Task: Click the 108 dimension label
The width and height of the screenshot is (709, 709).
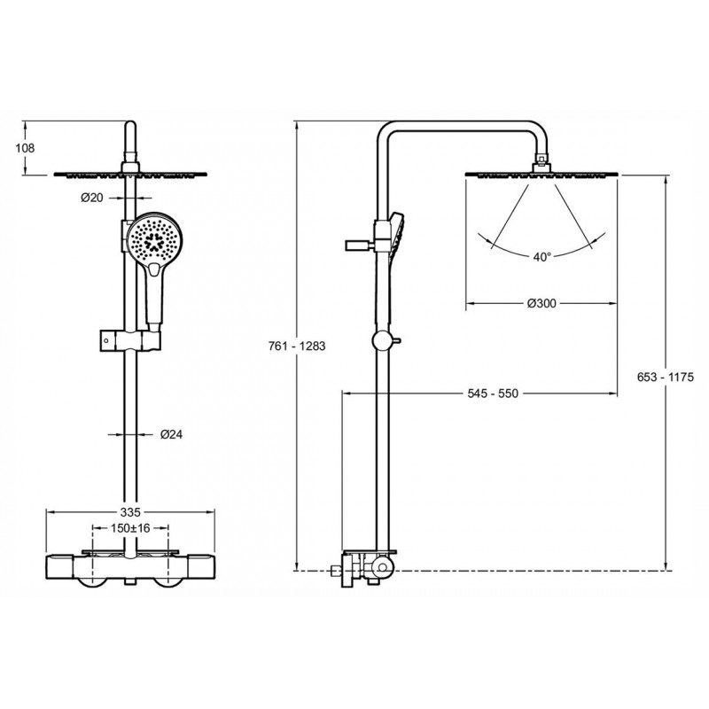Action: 25,148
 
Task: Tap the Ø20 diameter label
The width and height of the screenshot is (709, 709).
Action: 92,198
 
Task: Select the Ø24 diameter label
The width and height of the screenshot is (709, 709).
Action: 171,434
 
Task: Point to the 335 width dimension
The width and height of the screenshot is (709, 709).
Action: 130,512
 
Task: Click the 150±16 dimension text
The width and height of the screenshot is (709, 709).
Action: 130,527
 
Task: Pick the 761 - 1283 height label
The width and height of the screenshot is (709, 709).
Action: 297,346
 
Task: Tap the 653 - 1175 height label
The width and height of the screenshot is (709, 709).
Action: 666,377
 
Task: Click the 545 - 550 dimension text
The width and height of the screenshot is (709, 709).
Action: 493,393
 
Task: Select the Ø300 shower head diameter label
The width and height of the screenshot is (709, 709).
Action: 541,303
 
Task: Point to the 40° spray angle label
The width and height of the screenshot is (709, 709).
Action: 542,257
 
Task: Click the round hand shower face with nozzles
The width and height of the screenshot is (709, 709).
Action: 154,239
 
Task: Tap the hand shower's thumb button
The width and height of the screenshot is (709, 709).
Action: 154,270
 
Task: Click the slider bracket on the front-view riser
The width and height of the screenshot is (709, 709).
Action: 130,340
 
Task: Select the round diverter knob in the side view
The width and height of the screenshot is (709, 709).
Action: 383,341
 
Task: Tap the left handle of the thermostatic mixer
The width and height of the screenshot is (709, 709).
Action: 60,568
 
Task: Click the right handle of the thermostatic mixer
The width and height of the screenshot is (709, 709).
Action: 201,568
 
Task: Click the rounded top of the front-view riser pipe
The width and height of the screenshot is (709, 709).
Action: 129,126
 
